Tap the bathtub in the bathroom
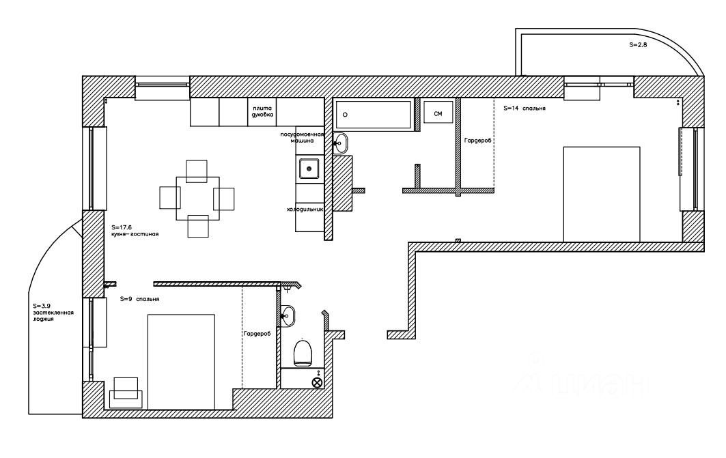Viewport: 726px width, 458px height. [374, 115]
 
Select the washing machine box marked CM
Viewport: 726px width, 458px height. [438, 113]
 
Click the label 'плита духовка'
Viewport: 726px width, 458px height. [262, 113]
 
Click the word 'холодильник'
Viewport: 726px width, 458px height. [304, 210]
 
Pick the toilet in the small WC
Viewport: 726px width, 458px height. [303, 353]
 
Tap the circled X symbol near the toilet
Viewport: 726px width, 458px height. [317, 382]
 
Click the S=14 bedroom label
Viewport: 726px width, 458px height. [524, 109]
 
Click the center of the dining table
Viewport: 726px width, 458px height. [197, 198]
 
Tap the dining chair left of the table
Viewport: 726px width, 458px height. [169, 198]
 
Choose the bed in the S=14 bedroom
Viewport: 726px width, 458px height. [600, 194]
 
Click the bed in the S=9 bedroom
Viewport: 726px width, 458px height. [181, 360]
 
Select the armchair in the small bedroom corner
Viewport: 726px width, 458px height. [126, 391]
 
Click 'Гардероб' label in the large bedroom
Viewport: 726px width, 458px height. [478, 140]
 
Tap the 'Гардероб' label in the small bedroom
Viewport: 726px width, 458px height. [257, 334]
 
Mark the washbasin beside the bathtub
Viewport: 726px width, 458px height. [341, 143]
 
